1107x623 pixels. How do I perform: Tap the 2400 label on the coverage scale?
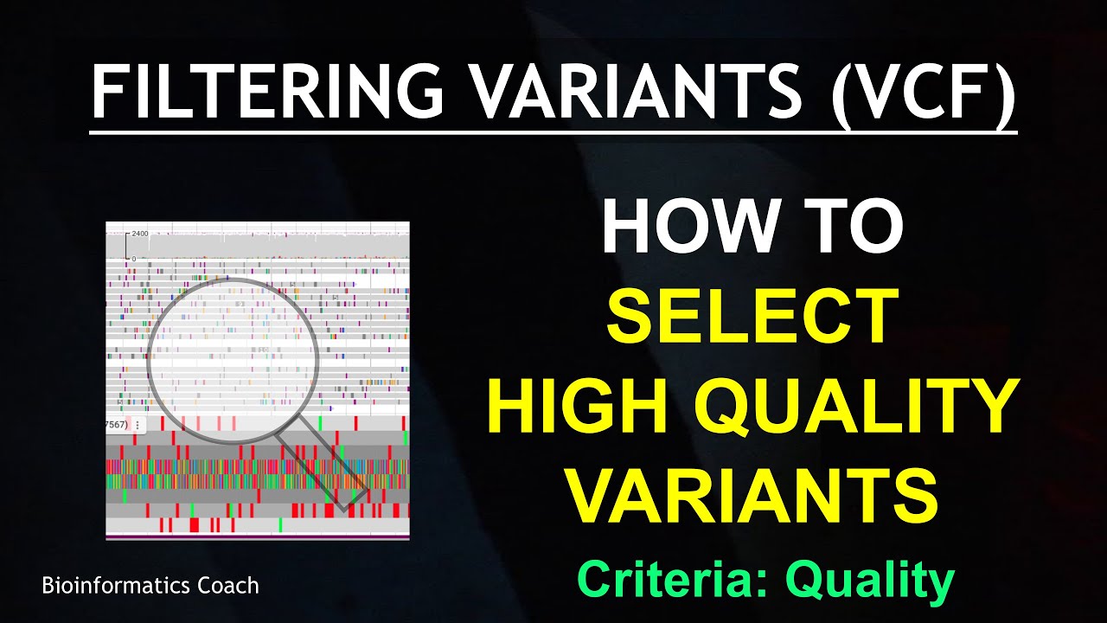click(140, 234)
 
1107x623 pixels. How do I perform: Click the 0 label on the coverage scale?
click(133, 258)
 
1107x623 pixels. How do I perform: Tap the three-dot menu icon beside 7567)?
click(137, 425)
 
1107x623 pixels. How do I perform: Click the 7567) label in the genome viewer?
click(116, 425)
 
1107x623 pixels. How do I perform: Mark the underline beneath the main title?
click(553, 132)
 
